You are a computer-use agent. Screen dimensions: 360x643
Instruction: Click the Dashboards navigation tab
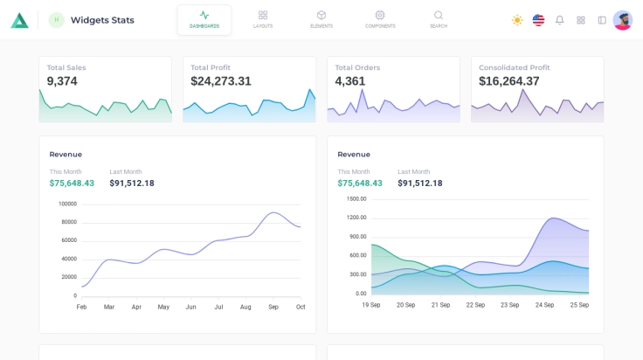click(x=204, y=19)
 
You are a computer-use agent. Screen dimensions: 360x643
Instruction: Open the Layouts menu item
click(x=263, y=19)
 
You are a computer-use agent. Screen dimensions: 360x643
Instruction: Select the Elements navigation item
click(x=321, y=19)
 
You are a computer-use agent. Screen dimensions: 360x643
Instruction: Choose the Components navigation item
click(x=380, y=19)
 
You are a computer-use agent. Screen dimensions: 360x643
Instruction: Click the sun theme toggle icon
click(x=517, y=20)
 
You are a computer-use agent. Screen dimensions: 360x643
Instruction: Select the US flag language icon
click(x=538, y=20)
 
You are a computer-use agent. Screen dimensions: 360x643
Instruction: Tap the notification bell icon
click(x=560, y=20)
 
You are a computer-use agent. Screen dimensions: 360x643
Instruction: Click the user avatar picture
click(x=623, y=20)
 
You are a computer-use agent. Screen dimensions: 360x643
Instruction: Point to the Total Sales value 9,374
click(x=62, y=81)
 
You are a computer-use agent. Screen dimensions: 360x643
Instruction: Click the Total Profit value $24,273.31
click(x=221, y=81)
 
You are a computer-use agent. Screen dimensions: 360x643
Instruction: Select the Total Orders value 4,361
click(x=350, y=81)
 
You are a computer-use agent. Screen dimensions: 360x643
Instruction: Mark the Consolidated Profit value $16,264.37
click(x=509, y=81)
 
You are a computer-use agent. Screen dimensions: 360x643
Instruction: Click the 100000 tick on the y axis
click(x=67, y=204)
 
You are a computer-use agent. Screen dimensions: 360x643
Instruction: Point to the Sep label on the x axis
click(x=273, y=307)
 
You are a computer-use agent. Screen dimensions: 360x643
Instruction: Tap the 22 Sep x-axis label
click(x=475, y=305)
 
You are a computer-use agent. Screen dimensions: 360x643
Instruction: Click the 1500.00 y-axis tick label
click(x=356, y=198)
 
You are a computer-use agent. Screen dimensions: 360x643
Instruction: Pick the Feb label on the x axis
click(x=81, y=307)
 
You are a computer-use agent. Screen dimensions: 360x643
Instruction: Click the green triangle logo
click(x=19, y=20)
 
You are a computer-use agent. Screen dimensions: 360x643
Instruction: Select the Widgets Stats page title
click(x=102, y=20)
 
